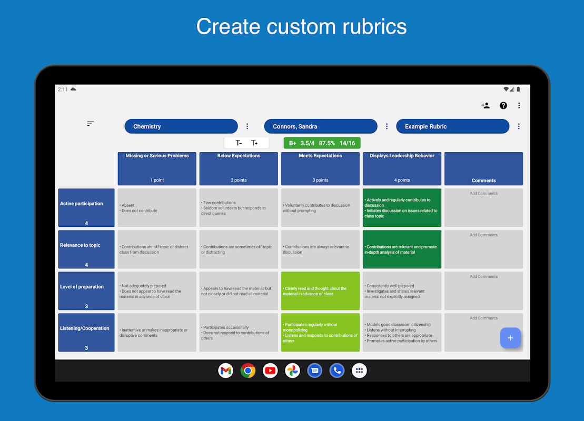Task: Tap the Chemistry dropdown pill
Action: (181, 126)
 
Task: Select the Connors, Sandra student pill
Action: (320, 126)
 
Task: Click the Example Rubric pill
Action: (452, 126)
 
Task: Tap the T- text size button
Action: (239, 143)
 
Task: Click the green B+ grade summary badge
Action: (322, 143)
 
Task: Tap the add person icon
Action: (486, 105)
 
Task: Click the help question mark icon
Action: (503, 105)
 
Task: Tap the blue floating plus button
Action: (510, 338)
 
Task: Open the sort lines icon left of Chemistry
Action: (91, 124)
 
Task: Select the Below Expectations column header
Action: (239, 168)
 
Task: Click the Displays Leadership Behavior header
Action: (402, 168)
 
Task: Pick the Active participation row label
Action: (86, 207)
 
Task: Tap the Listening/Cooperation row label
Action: (86, 332)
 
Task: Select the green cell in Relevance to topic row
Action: (402, 249)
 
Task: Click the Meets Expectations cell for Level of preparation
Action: (320, 291)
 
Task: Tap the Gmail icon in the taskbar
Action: (226, 370)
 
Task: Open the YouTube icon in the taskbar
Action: (270, 370)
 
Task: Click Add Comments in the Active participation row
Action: (483, 194)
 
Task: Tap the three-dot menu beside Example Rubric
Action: (519, 126)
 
